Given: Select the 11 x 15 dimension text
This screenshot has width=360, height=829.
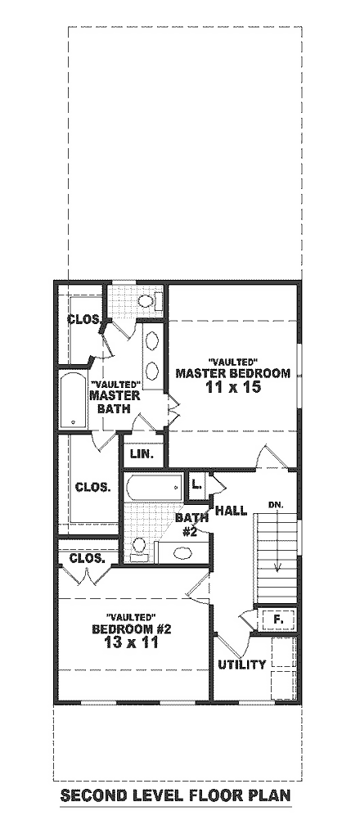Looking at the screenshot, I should [x=232, y=388].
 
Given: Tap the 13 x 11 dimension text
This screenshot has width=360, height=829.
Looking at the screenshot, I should [x=131, y=643].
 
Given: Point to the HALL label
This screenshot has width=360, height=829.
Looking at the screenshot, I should [x=231, y=511].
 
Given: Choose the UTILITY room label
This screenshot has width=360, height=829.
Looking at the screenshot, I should [x=241, y=665].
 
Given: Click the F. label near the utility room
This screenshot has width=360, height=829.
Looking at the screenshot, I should [x=277, y=620].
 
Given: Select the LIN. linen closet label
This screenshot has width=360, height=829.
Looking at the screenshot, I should [x=142, y=453].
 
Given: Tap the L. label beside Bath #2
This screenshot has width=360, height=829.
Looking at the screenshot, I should [x=196, y=484].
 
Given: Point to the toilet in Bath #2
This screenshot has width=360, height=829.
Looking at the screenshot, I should [x=139, y=546].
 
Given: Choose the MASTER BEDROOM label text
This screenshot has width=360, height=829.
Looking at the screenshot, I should [x=232, y=373].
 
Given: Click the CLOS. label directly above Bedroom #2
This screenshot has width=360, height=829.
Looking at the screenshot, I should [x=87, y=559].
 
